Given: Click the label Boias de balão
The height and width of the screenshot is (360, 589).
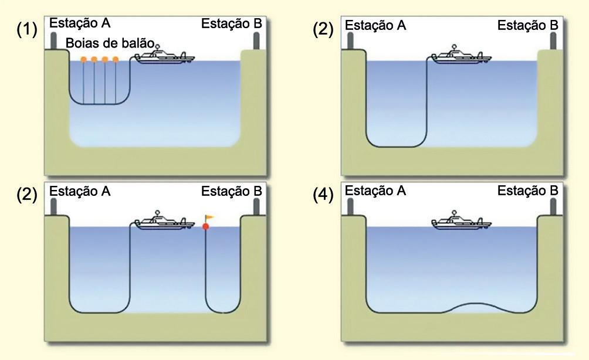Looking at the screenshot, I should [110, 43].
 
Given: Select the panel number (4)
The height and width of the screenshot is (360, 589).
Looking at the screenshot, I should [323, 195].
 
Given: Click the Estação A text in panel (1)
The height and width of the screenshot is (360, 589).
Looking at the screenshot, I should [80, 23].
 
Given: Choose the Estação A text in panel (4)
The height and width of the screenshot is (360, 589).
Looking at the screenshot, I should [375, 192].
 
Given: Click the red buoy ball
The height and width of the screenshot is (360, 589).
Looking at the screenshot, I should [206, 227].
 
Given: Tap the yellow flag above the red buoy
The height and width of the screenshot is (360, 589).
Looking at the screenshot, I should [210, 218].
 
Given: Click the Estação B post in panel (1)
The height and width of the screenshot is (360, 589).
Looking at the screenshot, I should [256, 40].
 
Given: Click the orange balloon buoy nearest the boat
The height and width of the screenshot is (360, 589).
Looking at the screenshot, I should [116, 59].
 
